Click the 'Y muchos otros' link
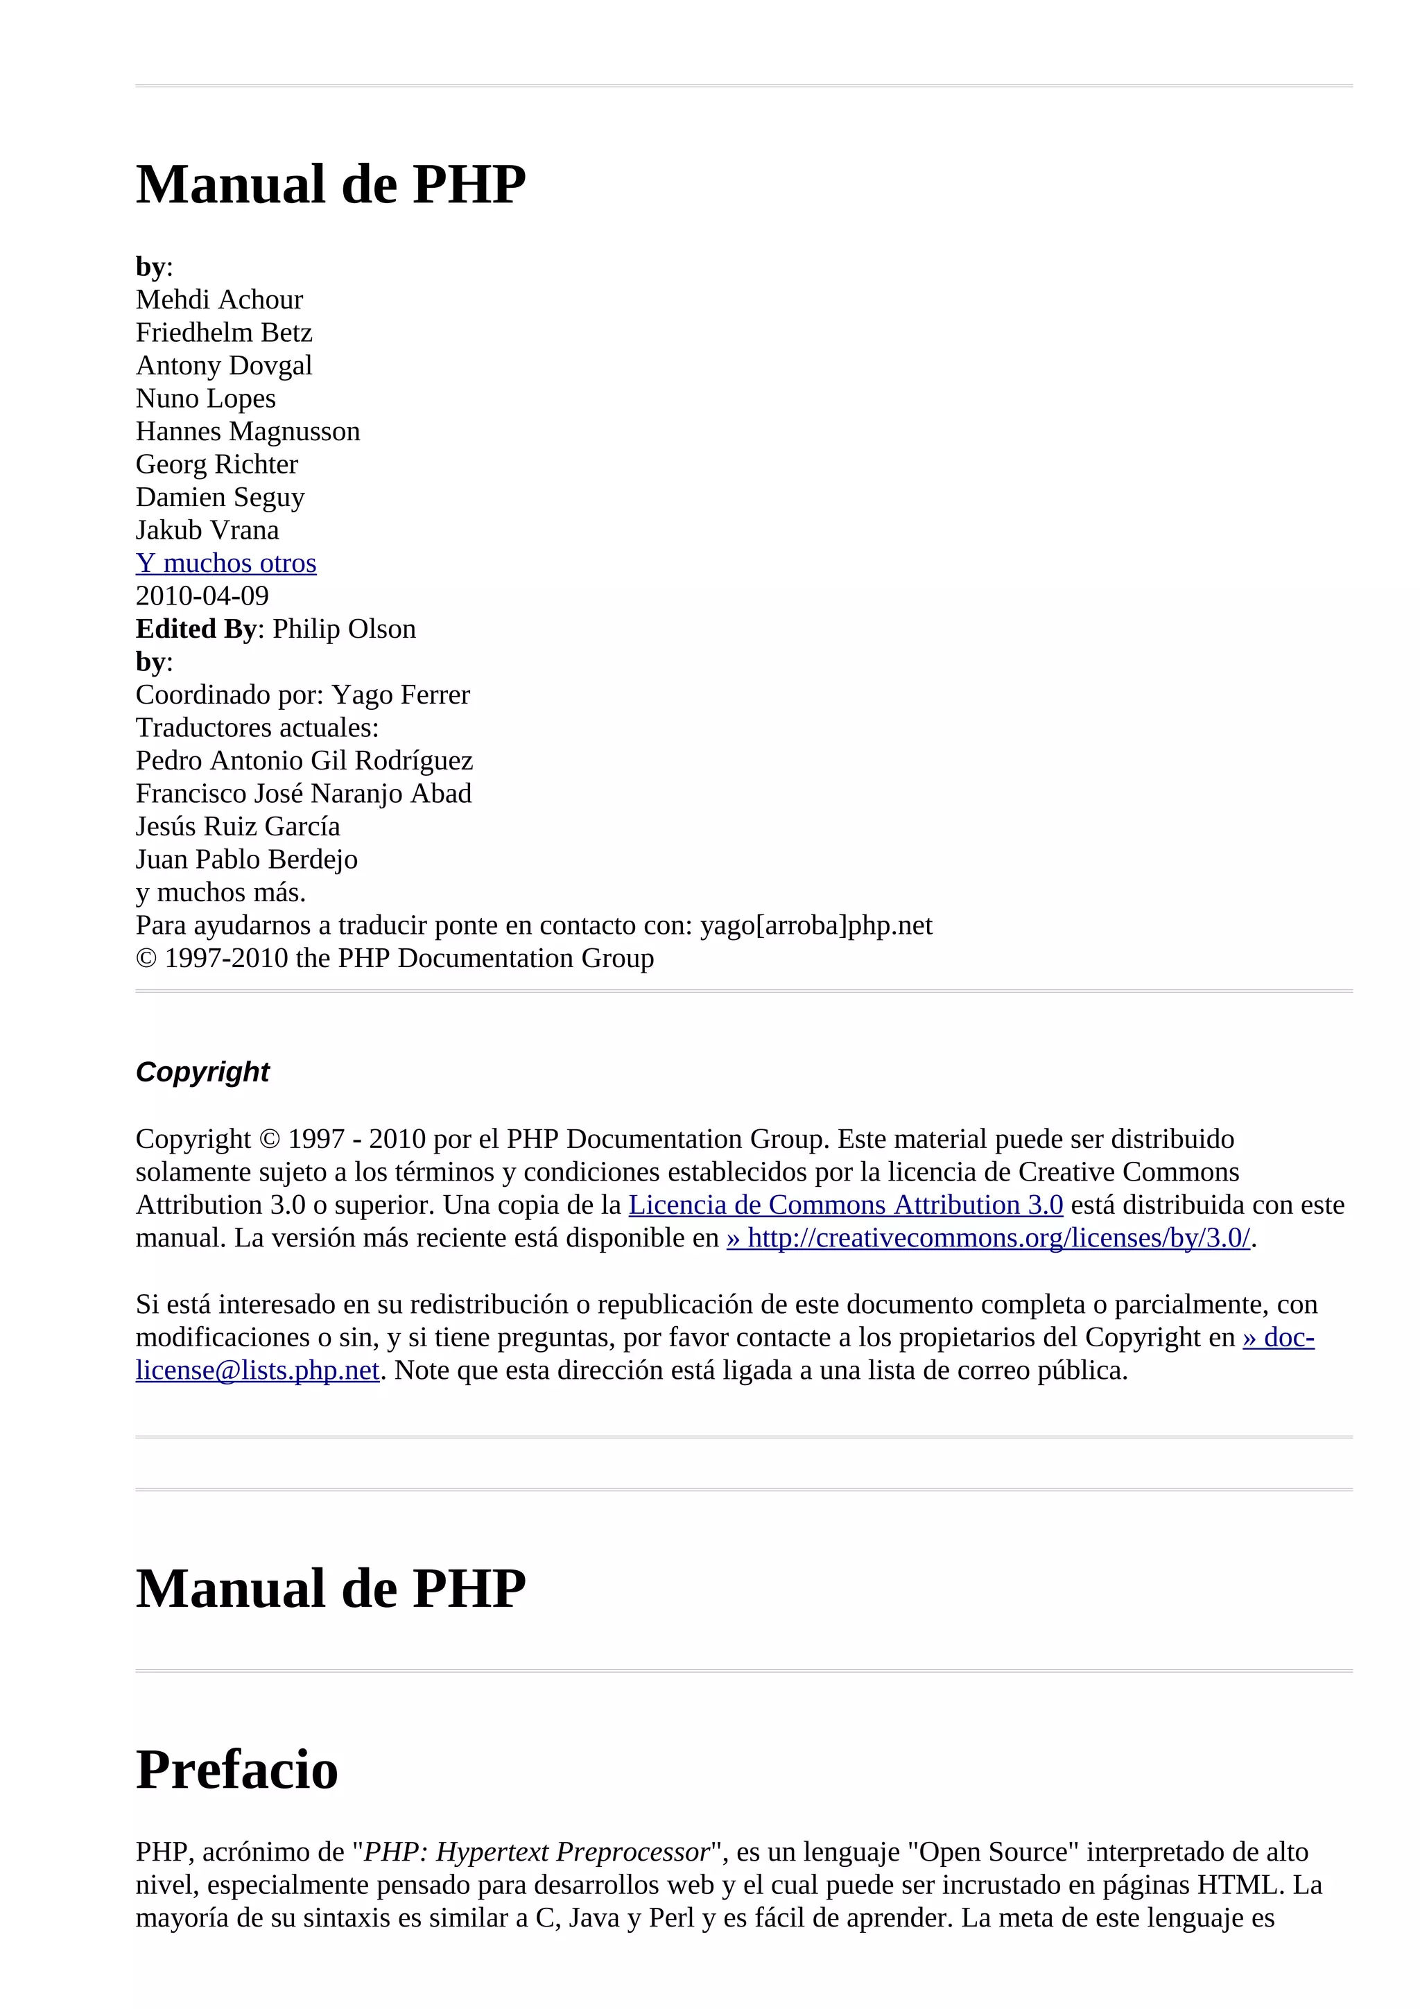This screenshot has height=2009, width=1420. (226, 563)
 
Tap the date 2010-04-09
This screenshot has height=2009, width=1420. (202, 596)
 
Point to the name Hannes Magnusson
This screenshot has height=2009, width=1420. (248, 431)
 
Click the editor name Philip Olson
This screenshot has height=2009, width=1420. (344, 629)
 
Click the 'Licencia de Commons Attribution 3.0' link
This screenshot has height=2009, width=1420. (845, 1205)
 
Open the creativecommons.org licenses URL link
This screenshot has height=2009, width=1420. (988, 1238)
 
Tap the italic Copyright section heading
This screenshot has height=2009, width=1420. (202, 1071)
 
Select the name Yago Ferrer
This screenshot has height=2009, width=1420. (401, 695)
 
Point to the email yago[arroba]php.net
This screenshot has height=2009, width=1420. (815, 925)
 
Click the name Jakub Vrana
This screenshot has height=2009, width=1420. (207, 530)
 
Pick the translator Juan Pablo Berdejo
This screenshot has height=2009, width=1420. (247, 859)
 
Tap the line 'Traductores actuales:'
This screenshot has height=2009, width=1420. (257, 728)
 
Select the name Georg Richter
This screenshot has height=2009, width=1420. (217, 464)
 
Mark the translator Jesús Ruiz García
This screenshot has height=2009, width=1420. (238, 826)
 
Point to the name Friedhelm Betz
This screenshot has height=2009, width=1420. (224, 333)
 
